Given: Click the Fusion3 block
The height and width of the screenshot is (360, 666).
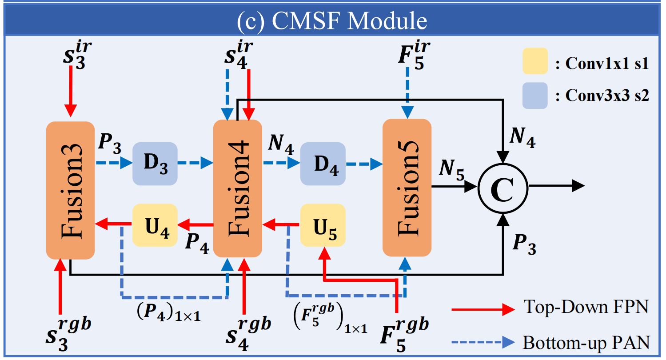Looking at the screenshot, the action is coord(71,190).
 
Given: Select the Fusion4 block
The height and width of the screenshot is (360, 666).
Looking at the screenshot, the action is coord(238,188).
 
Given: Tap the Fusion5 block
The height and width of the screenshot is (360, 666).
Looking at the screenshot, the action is coord(407,188).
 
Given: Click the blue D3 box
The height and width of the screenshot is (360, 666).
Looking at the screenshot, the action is coord(155,164).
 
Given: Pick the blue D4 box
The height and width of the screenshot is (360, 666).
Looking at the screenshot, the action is coord(323,164).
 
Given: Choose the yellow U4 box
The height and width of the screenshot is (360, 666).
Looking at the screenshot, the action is coord(155,225).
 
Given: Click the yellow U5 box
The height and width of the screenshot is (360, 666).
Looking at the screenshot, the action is coord(323,225).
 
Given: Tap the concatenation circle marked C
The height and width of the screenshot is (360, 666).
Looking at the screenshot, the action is coord(503,188).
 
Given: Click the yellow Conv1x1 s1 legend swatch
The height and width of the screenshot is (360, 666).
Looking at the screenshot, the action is coord(535,61).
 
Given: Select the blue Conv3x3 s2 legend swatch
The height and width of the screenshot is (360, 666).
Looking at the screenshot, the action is coord(535,96).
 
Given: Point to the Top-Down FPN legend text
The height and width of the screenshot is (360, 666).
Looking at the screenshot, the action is coord(586,307).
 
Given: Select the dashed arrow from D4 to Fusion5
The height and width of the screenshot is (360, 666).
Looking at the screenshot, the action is coord(364,164).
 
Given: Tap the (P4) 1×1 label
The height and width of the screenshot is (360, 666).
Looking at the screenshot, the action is coord(168,312).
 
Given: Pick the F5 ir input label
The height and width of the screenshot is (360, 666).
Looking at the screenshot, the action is coord(414,56).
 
